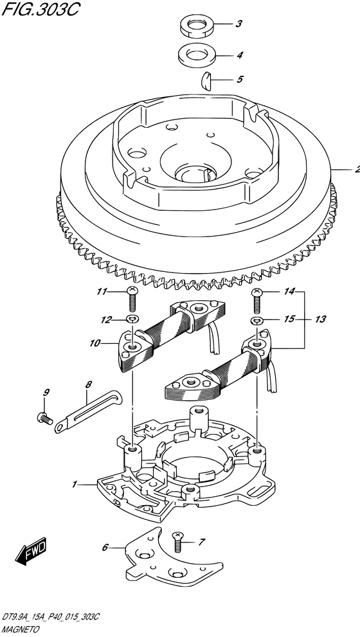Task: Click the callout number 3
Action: (239, 24)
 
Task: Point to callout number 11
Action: (101, 291)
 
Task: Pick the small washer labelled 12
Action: (132, 319)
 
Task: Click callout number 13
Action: (320, 319)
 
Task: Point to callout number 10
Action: (94, 343)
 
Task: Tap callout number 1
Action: (75, 484)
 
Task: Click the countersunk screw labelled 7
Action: (177, 542)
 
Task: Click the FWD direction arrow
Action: (32, 550)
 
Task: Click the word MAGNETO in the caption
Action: (21, 630)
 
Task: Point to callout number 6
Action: (105, 548)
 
